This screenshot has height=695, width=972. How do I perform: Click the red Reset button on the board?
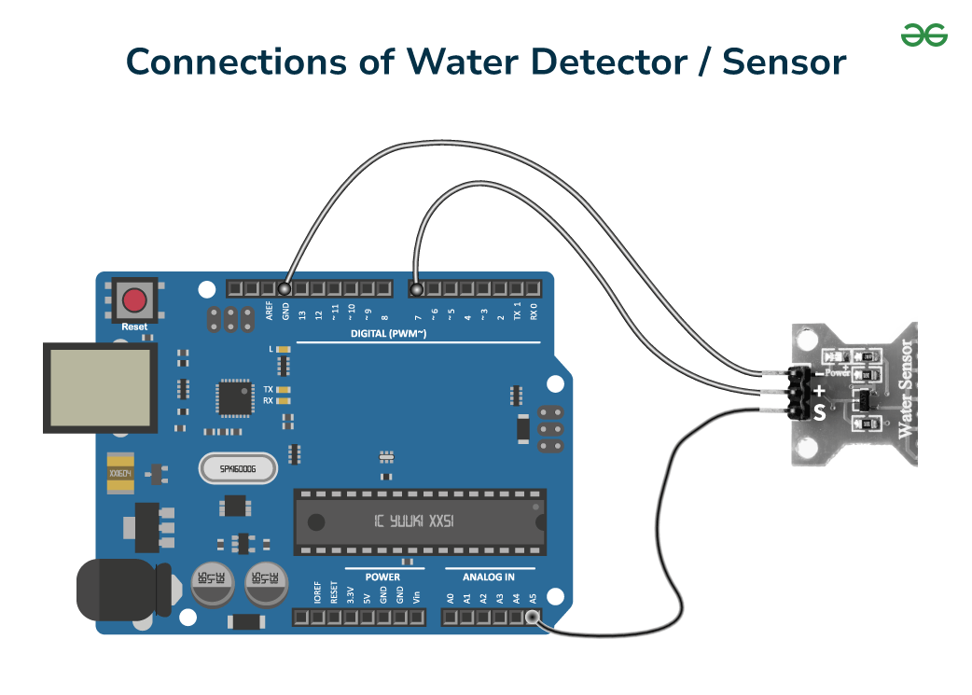coord(135,300)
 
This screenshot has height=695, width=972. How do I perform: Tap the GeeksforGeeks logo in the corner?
coord(923,35)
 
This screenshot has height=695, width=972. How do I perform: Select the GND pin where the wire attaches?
coord(285,288)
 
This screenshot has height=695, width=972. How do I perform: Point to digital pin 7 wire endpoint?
coord(416,288)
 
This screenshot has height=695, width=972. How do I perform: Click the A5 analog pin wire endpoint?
coord(533,617)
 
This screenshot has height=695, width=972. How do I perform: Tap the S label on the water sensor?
coord(818,411)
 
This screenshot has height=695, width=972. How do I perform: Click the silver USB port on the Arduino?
coord(98,388)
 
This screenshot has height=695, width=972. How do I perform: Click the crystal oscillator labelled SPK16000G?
coord(239,468)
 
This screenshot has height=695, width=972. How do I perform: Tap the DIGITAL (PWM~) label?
coord(388,333)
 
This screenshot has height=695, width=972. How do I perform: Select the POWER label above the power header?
coord(382,577)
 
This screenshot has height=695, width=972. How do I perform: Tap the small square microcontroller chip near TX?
coord(232,396)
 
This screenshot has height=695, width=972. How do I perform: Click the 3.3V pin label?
coord(350,594)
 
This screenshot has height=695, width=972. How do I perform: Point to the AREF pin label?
coord(269,312)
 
